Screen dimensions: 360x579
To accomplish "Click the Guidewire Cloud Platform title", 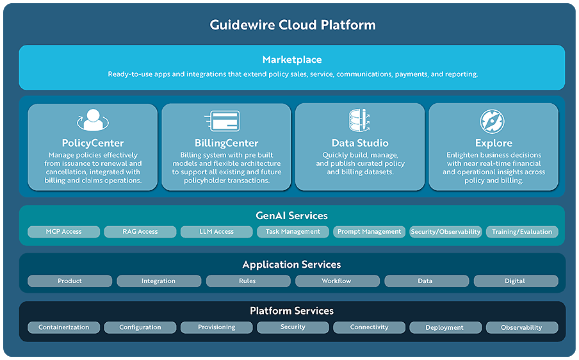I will tap(292, 26).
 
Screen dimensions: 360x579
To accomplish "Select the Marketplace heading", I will tap(292, 60).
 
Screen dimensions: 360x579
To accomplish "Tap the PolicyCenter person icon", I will tap(93, 120).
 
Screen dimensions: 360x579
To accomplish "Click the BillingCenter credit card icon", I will tap(225, 120).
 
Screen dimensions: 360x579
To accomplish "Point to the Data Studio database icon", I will tap(359, 120).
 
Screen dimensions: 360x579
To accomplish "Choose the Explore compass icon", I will tap(493, 120).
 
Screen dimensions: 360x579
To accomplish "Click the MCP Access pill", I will tap(64, 232).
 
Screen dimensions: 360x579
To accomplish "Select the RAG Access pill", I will tap(140, 232).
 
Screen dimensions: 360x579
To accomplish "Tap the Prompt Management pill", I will tap(369, 232).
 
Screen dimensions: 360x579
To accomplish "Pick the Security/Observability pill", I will tap(446, 232).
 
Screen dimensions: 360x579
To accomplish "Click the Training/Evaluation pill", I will tap(521, 232).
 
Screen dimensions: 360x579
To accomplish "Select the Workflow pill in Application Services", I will tap(336, 281).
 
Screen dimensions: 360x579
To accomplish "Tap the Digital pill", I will tap(515, 281).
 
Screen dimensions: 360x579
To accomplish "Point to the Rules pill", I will tap(247, 281).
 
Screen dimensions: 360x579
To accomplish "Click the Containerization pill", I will tap(64, 327).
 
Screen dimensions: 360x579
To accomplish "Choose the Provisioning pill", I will tap(216, 327).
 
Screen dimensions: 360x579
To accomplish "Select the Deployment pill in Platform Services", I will tap(444, 327).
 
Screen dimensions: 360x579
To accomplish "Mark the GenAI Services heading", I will tap(292, 216).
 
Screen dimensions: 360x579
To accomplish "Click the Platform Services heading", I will tap(292, 311).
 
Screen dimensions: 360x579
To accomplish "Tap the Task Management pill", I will tap(293, 232).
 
